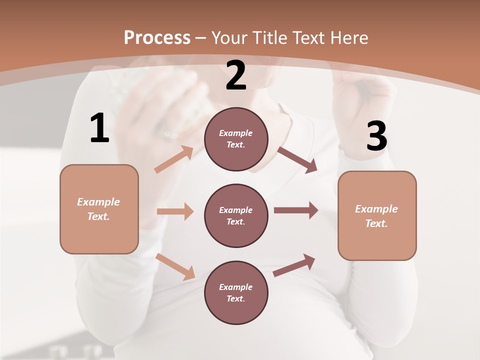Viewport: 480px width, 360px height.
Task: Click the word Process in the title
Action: pos(157,37)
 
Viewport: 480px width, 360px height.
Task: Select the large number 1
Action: pos(99,128)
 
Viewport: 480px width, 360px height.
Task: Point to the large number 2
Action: pos(236,75)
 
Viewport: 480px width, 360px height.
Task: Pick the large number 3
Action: pos(376,136)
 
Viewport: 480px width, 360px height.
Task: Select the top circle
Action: pos(236,139)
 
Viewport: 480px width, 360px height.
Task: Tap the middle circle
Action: pos(236,215)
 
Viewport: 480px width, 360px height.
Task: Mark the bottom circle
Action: pos(236,292)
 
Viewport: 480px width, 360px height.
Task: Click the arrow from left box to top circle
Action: pos(174,159)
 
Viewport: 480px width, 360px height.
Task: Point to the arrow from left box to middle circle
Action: pos(175,211)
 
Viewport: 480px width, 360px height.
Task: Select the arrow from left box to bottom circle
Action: pos(175,266)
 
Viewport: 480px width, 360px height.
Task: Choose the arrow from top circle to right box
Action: pos(297,160)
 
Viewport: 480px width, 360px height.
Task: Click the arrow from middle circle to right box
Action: pos(296,210)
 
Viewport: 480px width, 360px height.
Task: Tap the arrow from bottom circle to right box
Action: pos(294,265)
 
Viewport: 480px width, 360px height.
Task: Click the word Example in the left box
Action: pos(98,202)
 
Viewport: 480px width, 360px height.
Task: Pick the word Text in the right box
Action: pos(376,223)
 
